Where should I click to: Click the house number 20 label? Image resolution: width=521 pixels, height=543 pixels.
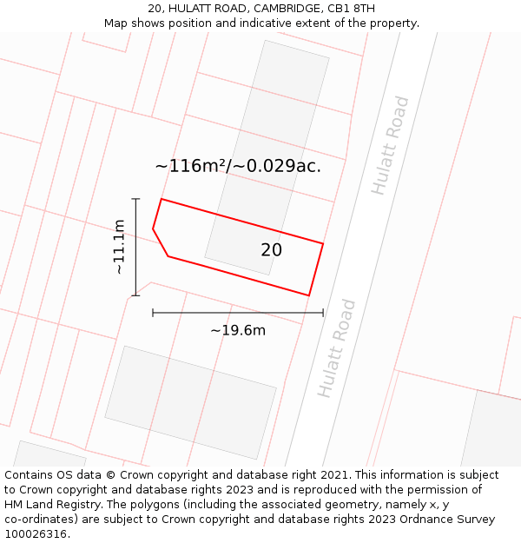click(x=271, y=250)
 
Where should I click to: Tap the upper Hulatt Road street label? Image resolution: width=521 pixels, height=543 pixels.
click(x=389, y=145)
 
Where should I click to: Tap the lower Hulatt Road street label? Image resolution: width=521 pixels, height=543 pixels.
click(x=337, y=348)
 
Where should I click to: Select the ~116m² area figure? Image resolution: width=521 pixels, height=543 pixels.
click(x=190, y=166)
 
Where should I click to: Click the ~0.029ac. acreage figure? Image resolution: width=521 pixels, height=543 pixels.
click(x=276, y=166)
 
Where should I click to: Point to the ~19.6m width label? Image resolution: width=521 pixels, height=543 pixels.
click(x=237, y=330)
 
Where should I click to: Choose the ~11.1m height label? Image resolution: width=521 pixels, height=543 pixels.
click(x=119, y=248)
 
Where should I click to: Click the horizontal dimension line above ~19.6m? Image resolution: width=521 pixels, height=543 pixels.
click(x=237, y=313)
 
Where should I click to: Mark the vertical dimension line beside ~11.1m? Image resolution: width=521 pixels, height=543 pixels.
click(x=135, y=248)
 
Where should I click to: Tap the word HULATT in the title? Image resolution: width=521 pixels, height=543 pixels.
click(x=197, y=9)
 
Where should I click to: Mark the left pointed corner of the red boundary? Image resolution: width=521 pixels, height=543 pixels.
click(x=153, y=229)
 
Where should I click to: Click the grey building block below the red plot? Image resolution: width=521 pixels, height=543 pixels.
click(x=190, y=402)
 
